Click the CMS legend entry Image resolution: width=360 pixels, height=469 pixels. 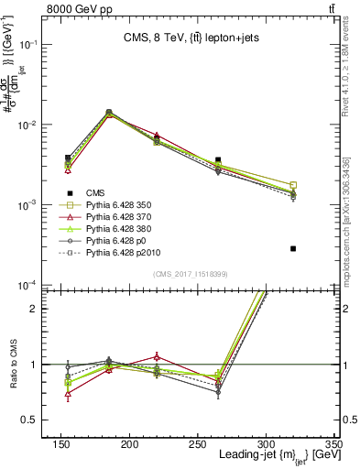pos(94,191)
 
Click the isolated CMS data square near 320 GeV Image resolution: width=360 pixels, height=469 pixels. pos(293,248)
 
